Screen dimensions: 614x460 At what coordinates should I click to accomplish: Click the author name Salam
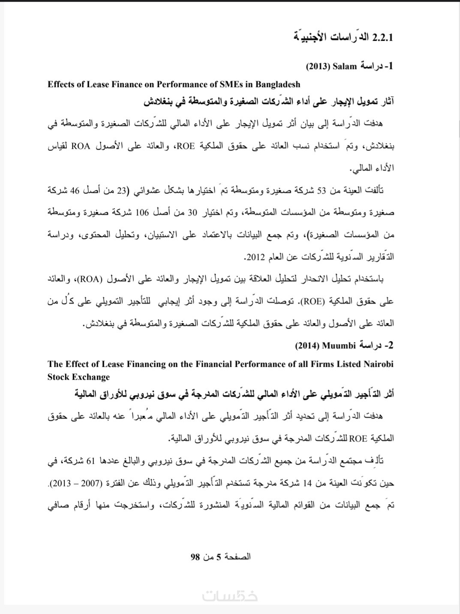pyautogui.click(x=348, y=67)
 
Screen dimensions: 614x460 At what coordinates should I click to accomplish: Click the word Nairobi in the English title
pyautogui.click(x=378, y=364)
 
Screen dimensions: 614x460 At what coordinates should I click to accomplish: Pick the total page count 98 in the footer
pyautogui.click(x=195, y=557)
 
